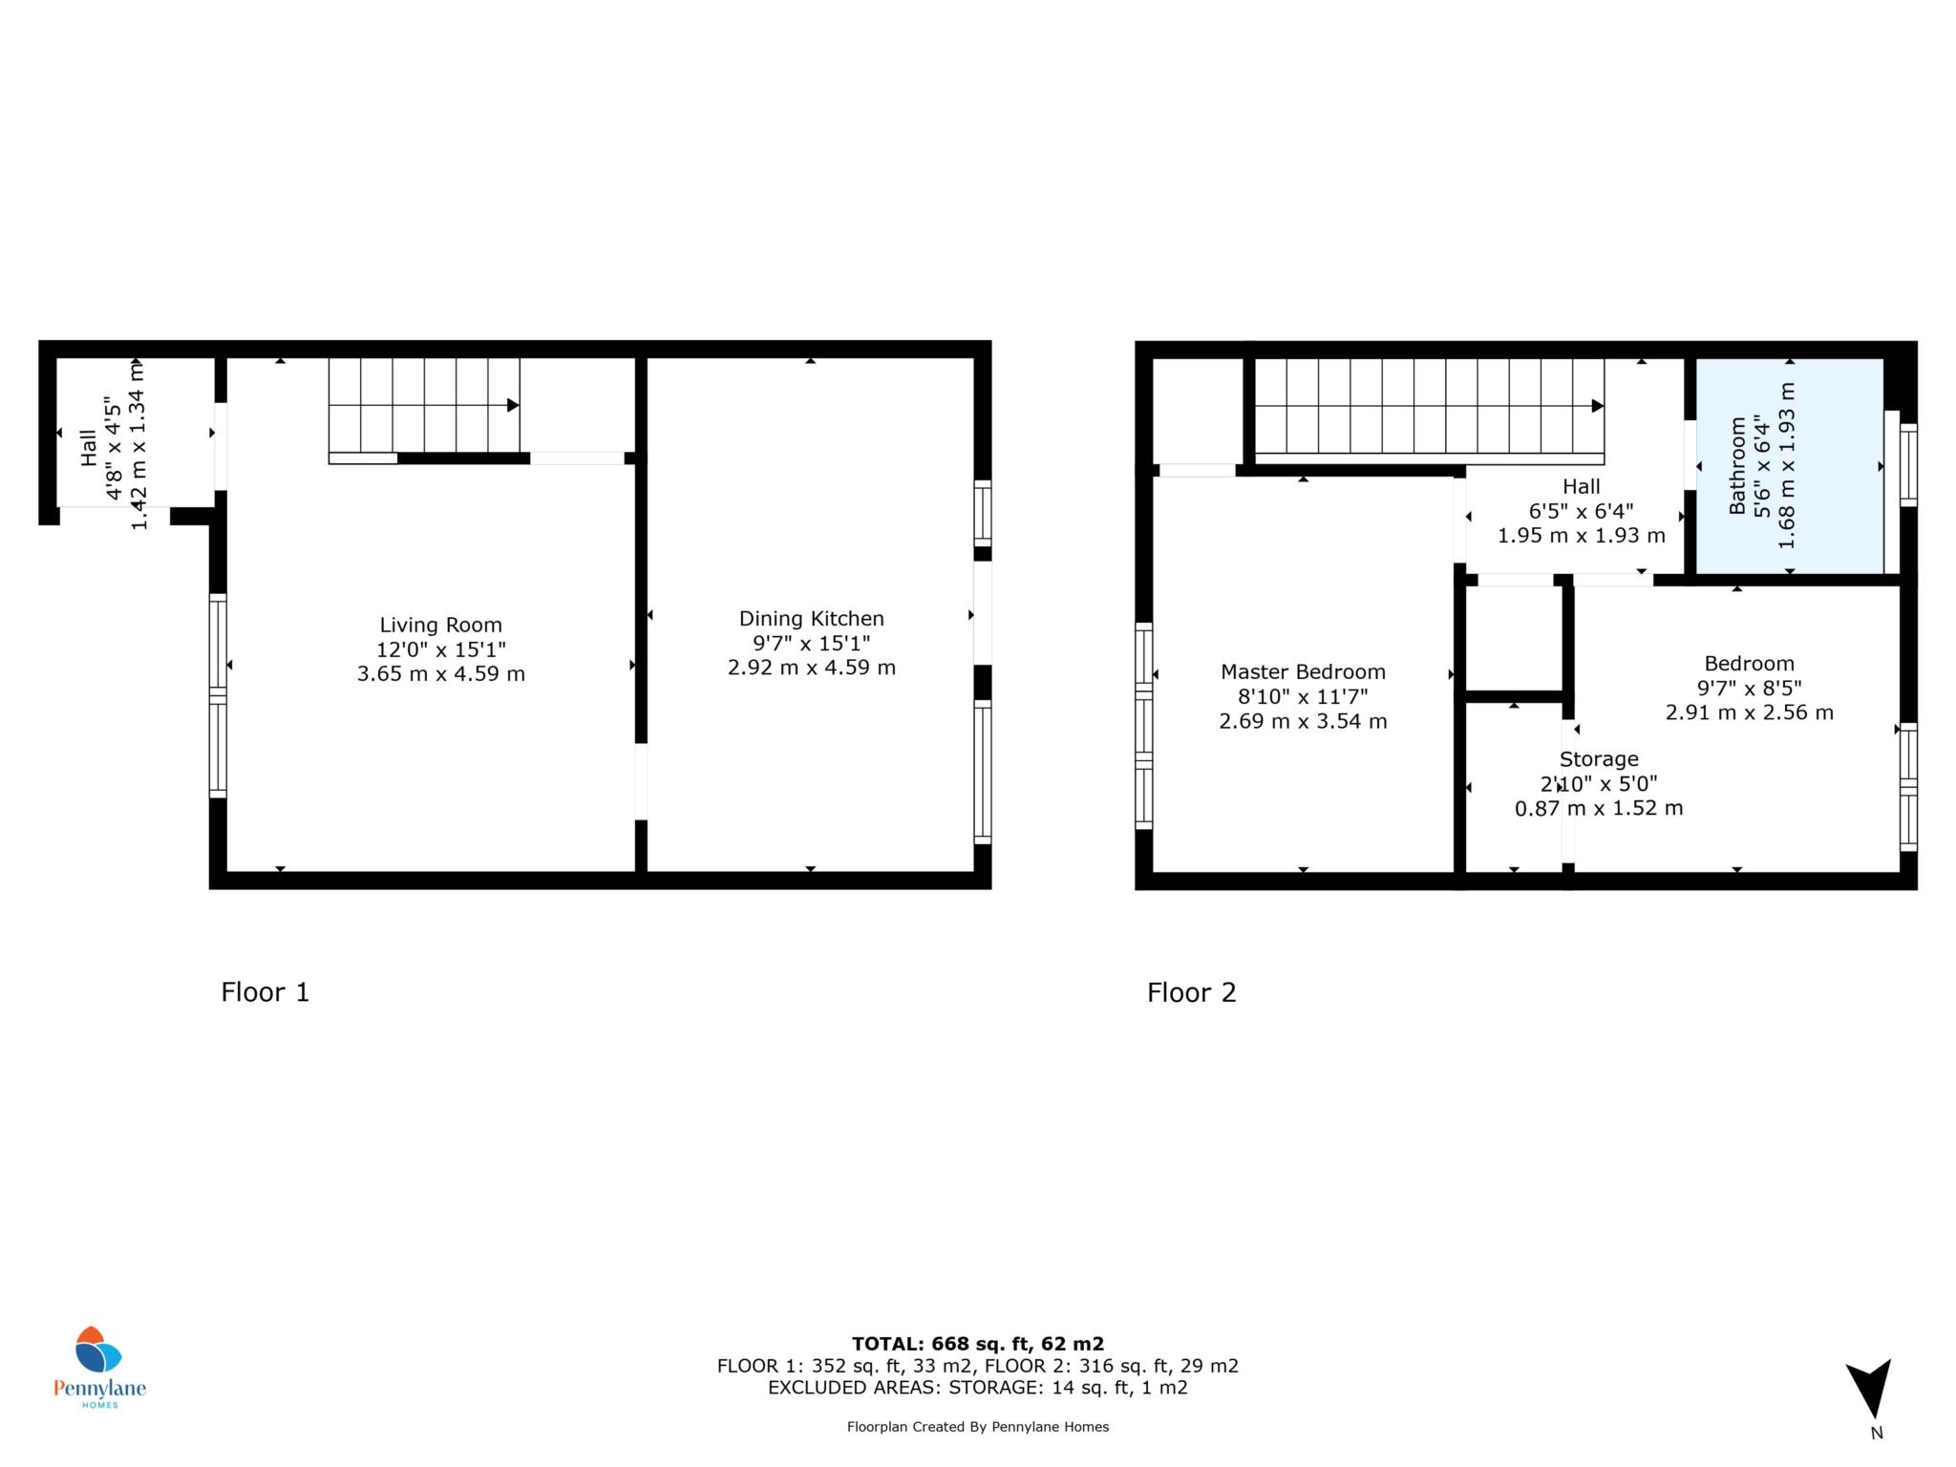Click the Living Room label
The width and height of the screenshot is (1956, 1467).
click(440, 626)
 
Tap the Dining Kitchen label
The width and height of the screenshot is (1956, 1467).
click(812, 619)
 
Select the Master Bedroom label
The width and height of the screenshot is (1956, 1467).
click(1303, 672)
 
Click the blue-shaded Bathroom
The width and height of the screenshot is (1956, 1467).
click(1788, 466)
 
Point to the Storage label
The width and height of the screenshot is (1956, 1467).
click(1599, 759)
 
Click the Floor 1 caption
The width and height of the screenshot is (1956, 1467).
click(266, 992)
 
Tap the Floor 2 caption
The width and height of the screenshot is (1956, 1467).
click(1192, 993)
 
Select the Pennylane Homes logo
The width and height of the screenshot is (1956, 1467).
click(99, 1367)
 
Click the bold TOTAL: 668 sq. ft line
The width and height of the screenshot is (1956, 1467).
click(978, 1344)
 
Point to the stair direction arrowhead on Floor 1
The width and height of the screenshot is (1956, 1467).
click(513, 405)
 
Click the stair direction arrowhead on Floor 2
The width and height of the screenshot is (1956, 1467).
click(1598, 406)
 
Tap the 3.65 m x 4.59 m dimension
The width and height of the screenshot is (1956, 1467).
click(441, 674)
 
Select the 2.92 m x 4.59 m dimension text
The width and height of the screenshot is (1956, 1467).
click(812, 668)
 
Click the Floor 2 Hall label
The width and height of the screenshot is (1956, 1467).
click(1582, 487)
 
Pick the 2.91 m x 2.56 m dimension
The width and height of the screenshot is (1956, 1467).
click(1750, 712)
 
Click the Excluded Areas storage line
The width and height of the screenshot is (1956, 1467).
click(978, 1388)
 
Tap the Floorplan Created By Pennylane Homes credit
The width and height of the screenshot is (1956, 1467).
click(978, 1427)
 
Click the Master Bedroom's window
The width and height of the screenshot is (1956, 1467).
click(1143, 726)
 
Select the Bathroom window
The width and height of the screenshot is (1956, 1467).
click(1908, 464)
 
